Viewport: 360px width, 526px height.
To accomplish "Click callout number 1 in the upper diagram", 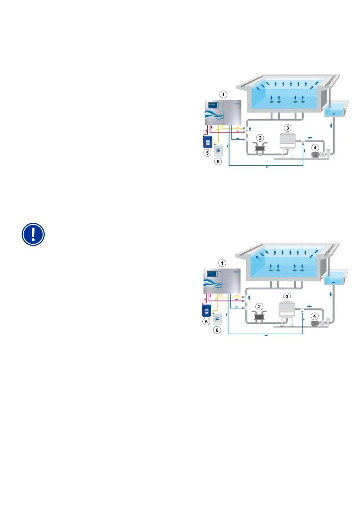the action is pyautogui.click(x=224, y=94).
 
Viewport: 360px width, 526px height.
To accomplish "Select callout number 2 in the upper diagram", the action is pyautogui.click(x=260, y=138).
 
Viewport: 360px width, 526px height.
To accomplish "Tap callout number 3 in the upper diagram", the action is pyautogui.click(x=288, y=128).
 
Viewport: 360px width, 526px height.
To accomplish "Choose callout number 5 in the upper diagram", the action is pyautogui.click(x=207, y=153).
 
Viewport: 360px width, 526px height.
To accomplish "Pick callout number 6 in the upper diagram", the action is pyautogui.click(x=218, y=161).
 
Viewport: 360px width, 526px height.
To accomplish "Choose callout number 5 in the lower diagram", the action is pyautogui.click(x=207, y=322).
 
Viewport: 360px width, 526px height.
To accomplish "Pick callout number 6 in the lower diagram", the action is pyautogui.click(x=217, y=330).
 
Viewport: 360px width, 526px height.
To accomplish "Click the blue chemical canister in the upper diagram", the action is pyautogui.click(x=207, y=141).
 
